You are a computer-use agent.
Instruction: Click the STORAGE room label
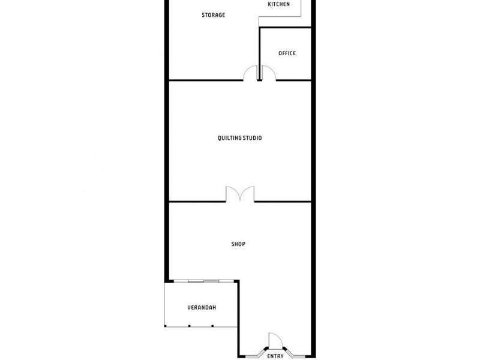pos(213,15)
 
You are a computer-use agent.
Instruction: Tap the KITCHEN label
pos(278,4)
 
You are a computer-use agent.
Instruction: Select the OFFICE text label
pos(287,53)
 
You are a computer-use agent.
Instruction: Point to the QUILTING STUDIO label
pos(239,138)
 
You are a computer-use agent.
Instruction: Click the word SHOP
pos(238,244)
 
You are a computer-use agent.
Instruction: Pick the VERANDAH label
pos(202,308)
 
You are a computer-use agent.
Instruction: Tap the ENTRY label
pos(275,356)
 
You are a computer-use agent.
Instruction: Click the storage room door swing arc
pos(250,73)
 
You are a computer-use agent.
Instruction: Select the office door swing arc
pos(268,73)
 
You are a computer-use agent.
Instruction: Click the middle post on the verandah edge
pos(189,326)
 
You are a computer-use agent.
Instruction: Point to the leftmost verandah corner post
pos(166,326)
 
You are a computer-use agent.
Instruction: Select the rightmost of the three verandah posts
pos(212,326)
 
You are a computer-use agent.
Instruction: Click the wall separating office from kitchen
pos(285,27)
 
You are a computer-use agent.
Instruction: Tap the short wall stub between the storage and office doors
pos(259,74)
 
